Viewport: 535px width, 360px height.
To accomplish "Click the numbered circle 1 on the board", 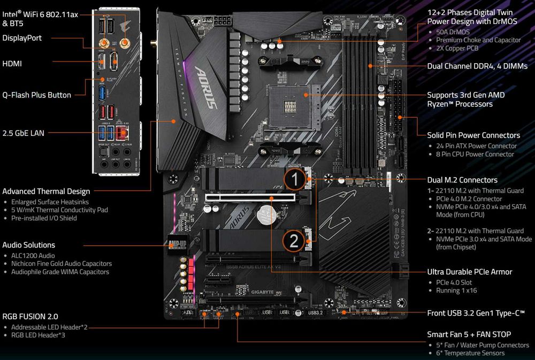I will tap(294, 180).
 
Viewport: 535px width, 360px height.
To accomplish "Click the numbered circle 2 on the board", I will tap(294, 241).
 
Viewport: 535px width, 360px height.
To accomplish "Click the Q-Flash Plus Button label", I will tap(36, 95).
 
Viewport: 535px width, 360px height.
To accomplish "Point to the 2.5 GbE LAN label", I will tap(23, 133).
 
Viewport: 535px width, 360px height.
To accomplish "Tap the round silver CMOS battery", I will tap(265, 216).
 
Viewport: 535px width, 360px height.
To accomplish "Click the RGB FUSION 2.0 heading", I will tap(30, 316).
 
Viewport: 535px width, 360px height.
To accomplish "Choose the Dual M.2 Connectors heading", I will tap(462, 180).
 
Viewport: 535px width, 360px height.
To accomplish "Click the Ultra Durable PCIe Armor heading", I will tap(469, 272).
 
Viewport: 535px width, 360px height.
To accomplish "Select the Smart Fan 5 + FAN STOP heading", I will tap(469, 334).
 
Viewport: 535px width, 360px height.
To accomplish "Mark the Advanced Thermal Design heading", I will tap(46, 192).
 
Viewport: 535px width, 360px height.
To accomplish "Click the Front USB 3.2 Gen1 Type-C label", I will tap(476, 313).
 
